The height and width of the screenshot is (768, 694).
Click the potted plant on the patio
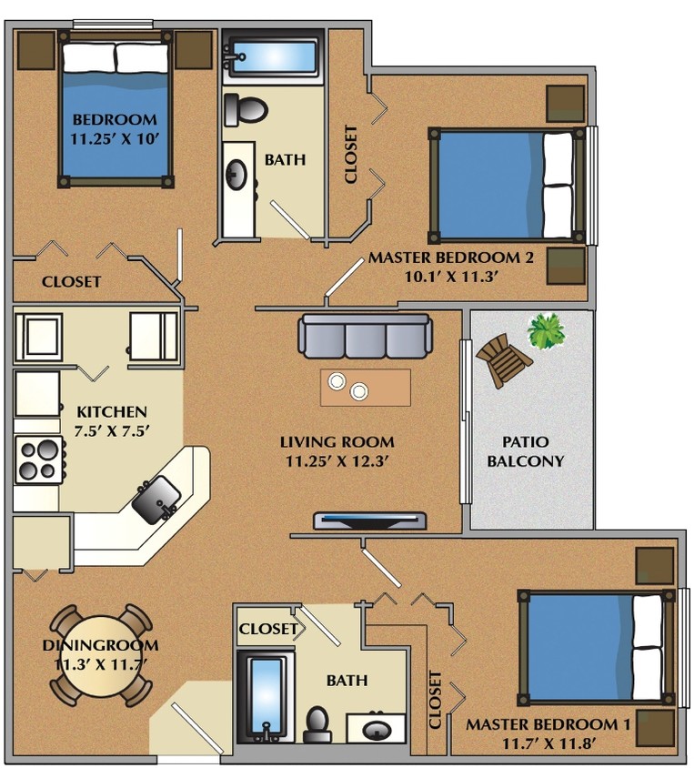click(546, 331)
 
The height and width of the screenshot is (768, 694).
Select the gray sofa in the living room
click(365, 337)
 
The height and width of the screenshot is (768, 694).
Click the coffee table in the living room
click(365, 388)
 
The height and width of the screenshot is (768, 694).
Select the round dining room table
click(100, 655)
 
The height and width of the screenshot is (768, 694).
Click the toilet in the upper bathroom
click(245, 109)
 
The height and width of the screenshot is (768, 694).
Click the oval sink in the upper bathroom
click(239, 175)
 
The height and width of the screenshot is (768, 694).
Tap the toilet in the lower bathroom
click(317, 723)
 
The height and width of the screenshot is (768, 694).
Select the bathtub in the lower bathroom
click(266, 697)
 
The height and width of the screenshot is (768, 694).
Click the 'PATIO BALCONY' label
click(525, 451)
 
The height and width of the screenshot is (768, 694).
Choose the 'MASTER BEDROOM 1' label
click(548, 724)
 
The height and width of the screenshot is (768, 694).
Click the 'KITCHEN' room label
click(111, 411)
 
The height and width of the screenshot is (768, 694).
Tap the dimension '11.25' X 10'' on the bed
click(115, 139)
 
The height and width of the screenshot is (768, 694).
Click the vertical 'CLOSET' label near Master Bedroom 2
click(351, 154)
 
